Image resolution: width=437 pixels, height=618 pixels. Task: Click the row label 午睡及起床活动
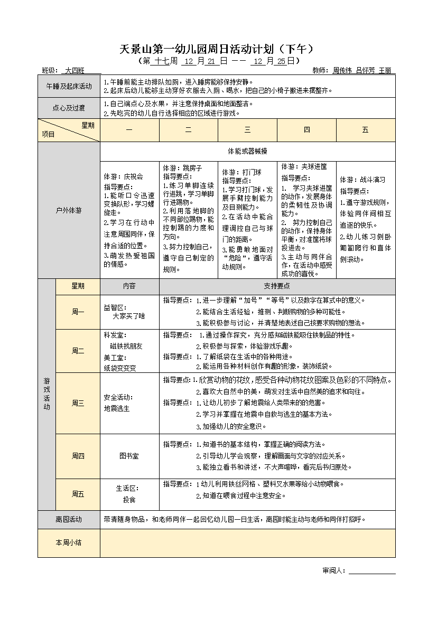(69, 86)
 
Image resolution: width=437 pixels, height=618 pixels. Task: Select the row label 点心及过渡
(69, 108)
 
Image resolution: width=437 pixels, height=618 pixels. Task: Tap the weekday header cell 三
(247, 130)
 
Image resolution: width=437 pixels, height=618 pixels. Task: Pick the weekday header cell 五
(365, 130)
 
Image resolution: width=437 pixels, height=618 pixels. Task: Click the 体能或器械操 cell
(247, 151)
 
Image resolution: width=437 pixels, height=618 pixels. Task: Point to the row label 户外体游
(69, 210)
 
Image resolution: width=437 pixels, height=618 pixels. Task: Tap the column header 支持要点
(277, 286)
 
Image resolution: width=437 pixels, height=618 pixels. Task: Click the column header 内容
(129, 286)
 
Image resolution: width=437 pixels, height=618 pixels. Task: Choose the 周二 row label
(78, 351)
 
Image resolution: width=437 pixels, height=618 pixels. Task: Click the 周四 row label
(78, 455)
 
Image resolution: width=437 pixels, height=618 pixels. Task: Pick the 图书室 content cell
(129, 455)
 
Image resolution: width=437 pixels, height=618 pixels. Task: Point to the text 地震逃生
(117, 408)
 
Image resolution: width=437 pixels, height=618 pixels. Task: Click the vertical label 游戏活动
(47, 394)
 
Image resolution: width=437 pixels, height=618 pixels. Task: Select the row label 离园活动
(69, 519)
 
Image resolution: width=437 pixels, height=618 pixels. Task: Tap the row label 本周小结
(69, 542)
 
